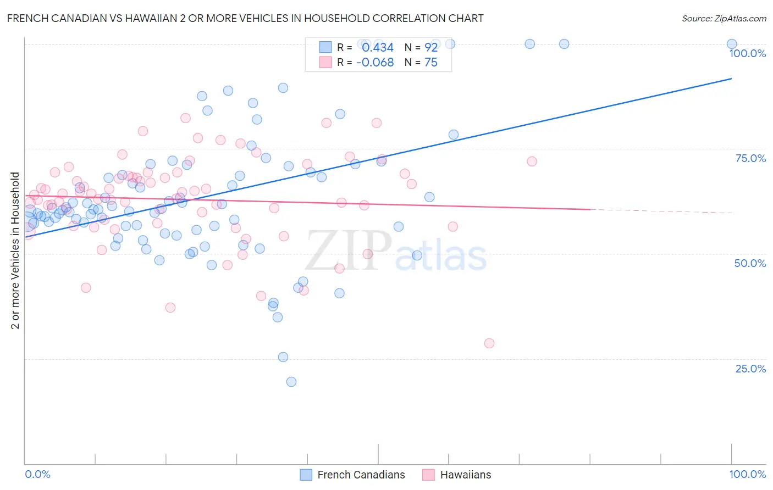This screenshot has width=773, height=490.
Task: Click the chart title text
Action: click(x=245, y=18)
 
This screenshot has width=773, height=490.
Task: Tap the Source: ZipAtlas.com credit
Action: click(x=724, y=18)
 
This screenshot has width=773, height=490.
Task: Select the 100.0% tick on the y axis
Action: click(x=747, y=53)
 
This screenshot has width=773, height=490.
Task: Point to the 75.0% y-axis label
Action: click(x=750, y=158)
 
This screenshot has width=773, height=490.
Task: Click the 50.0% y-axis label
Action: click(x=750, y=263)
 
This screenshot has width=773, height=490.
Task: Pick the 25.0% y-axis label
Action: click(x=750, y=369)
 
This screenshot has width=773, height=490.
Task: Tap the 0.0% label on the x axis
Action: click(x=37, y=474)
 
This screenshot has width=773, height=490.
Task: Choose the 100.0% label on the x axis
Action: click(x=747, y=474)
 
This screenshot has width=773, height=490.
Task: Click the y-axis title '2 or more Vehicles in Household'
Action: click(x=15, y=250)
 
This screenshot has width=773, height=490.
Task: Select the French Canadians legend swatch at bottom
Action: click(x=306, y=475)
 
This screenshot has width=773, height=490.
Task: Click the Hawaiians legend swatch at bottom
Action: click(x=428, y=475)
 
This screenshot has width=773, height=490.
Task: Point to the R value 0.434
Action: click(x=378, y=48)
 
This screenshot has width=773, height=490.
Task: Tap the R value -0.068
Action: click(x=375, y=63)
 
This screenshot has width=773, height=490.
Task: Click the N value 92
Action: click(x=431, y=48)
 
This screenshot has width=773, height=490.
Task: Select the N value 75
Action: click(x=431, y=63)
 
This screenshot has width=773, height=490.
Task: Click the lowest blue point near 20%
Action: click(x=291, y=382)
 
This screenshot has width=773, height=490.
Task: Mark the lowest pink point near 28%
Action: click(x=489, y=343)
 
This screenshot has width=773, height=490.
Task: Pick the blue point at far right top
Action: click(x=732, y=44)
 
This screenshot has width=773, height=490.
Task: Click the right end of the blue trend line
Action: click(x=731, y=79)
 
